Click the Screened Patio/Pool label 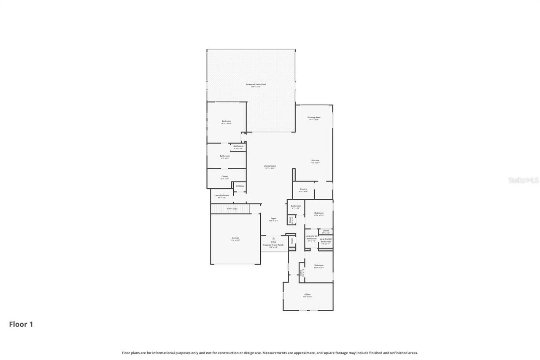(256, 84)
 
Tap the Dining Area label (314, 117)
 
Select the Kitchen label (315, 160)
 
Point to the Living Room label (270, 166)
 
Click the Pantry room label (303, 189)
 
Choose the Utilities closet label (240, 186)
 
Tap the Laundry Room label (221, 195)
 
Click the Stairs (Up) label (232, 208)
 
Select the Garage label (235, 238)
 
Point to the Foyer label (273, 219)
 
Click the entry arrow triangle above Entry (273, 238)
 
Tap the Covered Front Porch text (273, 245)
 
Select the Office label (307, 294)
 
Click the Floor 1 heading (21, 324)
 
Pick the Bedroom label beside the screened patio (227, 121)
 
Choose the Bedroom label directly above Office (319, 265)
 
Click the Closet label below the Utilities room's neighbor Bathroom (224, 176)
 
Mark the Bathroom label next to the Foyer (296, 206)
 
